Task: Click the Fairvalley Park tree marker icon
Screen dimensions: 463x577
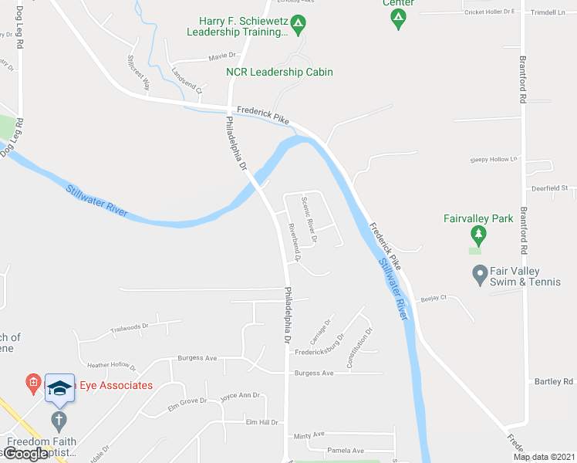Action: (478, 233)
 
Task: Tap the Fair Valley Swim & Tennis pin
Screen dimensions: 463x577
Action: (479, 274)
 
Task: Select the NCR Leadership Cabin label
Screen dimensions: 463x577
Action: (279, 72)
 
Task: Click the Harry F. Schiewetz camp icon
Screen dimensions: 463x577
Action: (299, 25)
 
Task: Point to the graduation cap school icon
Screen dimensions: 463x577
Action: (59, 388)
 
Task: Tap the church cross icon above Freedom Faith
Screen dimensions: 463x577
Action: (59, 421)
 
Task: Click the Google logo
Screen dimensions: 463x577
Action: (25, 454)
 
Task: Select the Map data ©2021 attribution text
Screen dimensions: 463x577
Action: (543, 457)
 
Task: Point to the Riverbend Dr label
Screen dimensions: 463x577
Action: (294, 242)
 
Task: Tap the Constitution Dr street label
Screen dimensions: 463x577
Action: (360, 347)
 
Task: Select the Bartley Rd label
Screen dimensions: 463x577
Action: (553, 382)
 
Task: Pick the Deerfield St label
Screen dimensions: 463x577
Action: (548, 188)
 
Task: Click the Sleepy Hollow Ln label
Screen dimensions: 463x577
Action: (493, 160)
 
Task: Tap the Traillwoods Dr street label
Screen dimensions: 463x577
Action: (130, 327)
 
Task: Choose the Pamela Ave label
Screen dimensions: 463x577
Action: (346, 451)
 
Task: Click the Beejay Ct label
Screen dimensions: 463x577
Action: (434, 297)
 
